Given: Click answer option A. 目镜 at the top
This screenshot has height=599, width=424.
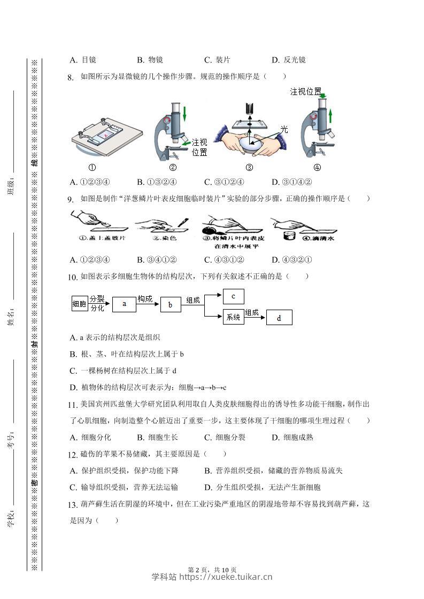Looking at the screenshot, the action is click(x=83, y=60).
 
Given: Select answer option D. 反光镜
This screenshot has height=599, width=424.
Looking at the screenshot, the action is click(x=289, y=60).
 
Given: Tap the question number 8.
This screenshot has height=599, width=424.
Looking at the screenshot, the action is click(x=71, y=77).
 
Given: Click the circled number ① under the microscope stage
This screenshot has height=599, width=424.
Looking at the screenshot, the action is click(x=92, y=167).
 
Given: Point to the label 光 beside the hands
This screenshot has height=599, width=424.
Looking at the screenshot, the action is click(x=283, y=129).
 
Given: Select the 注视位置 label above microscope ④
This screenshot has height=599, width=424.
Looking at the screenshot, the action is click(x=305, y=92).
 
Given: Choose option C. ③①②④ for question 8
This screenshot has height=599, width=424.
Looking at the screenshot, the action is click(x=224, y=182).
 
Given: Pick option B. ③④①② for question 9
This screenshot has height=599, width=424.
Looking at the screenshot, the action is click(x=157, y=260).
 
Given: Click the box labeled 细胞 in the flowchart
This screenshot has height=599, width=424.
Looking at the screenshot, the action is click(x=80, y=304).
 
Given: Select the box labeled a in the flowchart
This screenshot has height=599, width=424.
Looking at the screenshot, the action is click(x=124, y=304).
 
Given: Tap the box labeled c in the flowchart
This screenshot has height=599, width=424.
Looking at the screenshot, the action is click(x=233, y=296).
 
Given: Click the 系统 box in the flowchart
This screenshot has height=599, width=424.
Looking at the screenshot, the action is click(x=234, y=317).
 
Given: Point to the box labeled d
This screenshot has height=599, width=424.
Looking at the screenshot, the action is click(x=279, y=318).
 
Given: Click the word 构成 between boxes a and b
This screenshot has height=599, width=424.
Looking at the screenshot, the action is click(x=145, y=299).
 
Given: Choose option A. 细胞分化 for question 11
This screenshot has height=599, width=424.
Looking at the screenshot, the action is click(x=90, y=437).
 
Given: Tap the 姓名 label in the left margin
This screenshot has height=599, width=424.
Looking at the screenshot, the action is click(x=11, y=317).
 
